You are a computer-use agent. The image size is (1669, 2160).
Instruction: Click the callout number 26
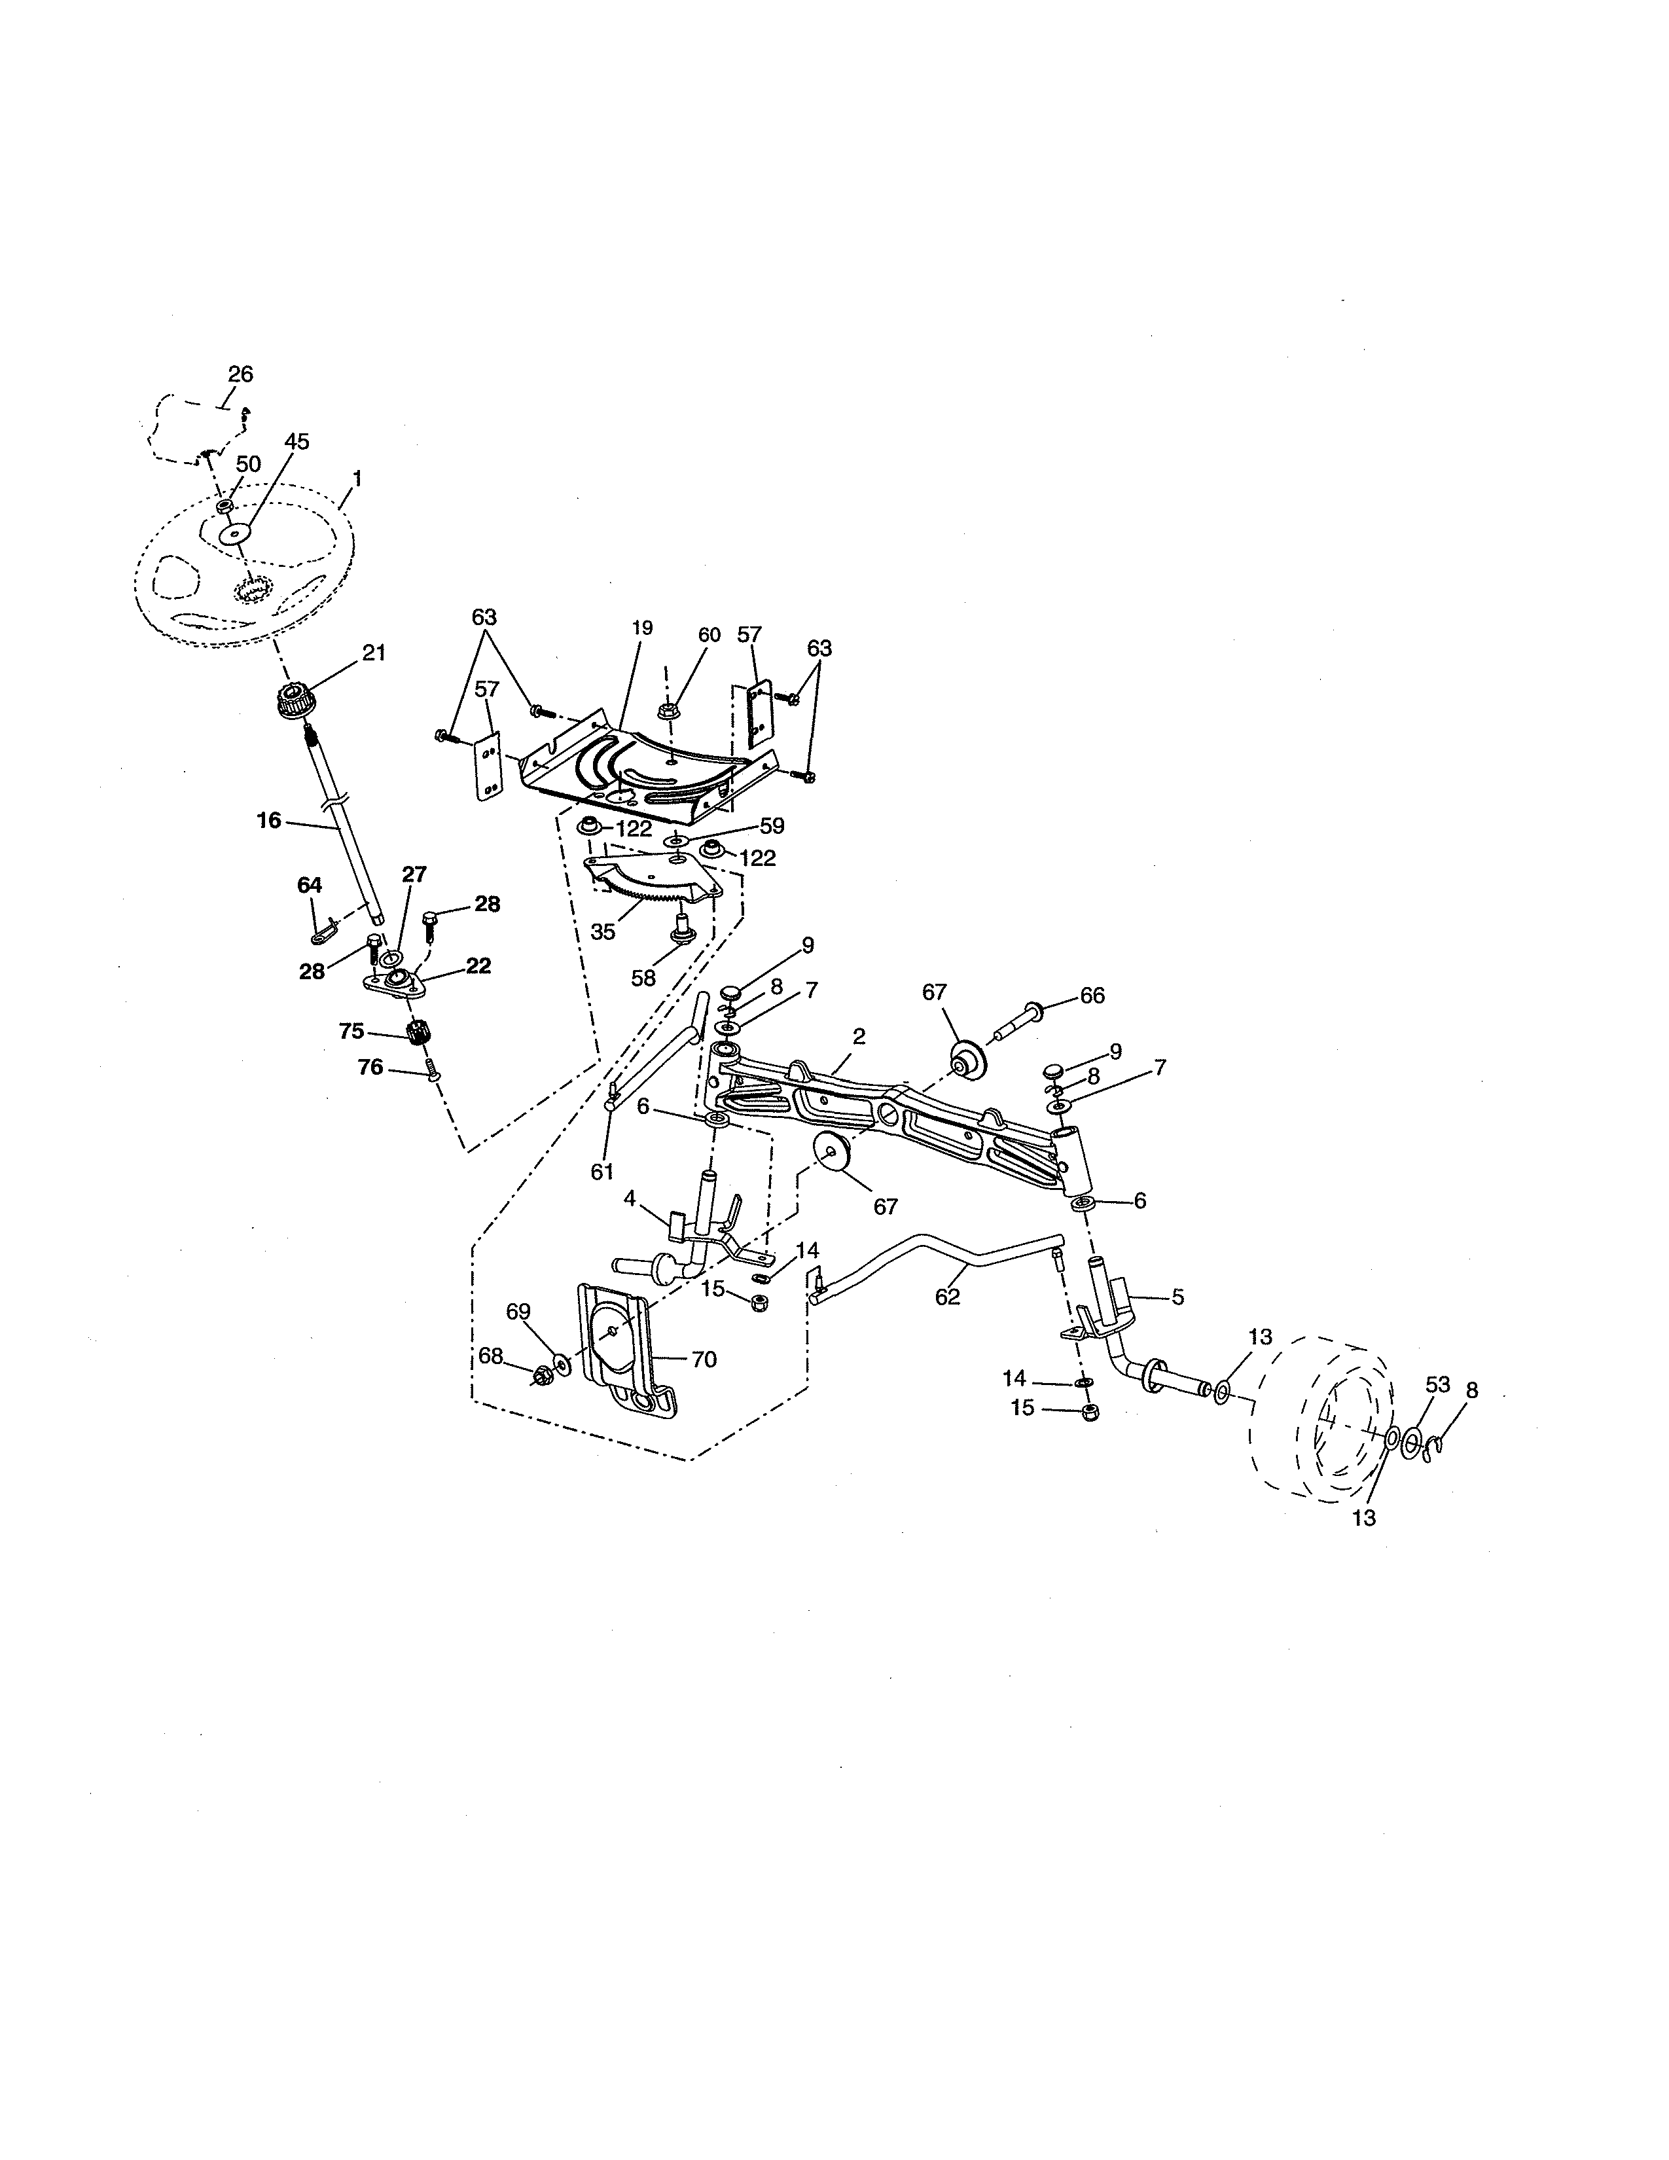coord(240,374)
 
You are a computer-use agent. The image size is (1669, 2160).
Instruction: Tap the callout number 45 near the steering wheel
coord(296,442)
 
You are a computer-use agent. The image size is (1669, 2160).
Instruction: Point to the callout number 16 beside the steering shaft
coord(269,820)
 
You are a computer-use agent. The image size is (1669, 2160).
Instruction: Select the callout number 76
coord(370,1067)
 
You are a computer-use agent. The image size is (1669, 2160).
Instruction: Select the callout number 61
coord(602,1172)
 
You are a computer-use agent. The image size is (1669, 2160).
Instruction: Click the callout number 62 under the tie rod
coord(947,1297)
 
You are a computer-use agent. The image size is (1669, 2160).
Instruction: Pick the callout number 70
coord(703,1360)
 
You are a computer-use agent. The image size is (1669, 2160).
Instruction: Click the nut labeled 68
coord(542,1375)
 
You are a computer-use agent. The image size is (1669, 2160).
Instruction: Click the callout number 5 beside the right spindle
coord(1177,1297)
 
